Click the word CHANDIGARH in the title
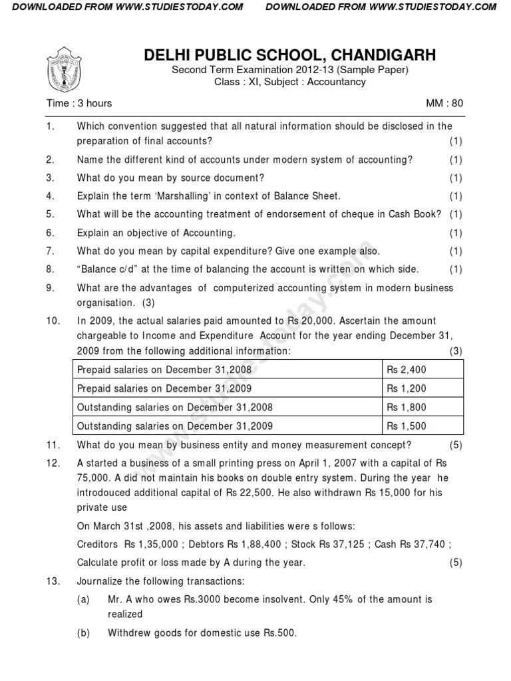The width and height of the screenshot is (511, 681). coord(380,55)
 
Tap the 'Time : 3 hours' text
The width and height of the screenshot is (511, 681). coord(79,103)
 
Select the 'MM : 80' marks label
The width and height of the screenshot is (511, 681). coord(444,103)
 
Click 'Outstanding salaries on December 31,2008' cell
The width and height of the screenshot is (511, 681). coord(174,407)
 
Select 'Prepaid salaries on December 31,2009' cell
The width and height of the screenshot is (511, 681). coord(164,388)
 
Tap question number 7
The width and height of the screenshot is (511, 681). coord(50,251)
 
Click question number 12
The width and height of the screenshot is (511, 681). coord(53,463)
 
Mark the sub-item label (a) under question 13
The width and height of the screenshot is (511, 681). coord(83,599)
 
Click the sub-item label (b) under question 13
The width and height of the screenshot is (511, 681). coord(83,633)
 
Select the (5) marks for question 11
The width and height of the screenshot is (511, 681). coord(455,445)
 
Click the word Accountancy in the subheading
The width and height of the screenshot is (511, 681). coord(336,82)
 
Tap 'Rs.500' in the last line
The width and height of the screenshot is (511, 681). coord(279,633)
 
